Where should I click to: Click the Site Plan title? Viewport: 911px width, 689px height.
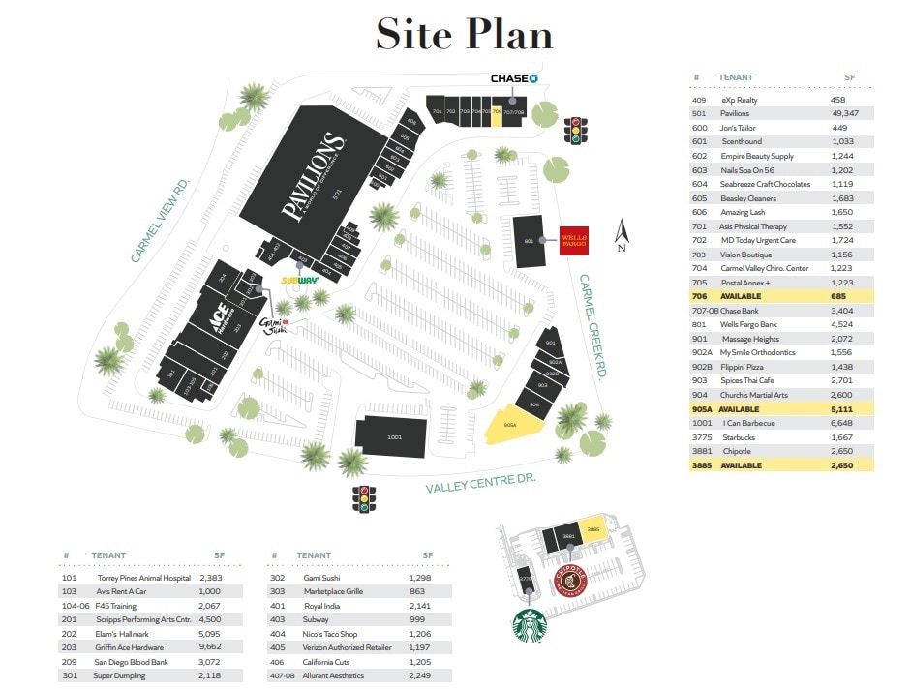pos(464,35)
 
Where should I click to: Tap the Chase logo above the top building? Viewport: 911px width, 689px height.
pos(513,78)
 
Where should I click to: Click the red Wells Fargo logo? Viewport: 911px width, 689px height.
pos(574,239)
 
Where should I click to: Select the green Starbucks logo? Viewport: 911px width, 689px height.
pos(529,625)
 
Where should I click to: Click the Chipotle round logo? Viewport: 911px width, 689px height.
pos(570,581)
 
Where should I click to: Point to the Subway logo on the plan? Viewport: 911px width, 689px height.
pos(300,281)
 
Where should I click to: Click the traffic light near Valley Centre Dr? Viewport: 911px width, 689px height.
pos(365,496)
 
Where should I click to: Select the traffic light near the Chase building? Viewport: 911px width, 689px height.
pos(578,130)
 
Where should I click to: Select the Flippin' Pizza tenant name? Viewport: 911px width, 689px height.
pos(745,367)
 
